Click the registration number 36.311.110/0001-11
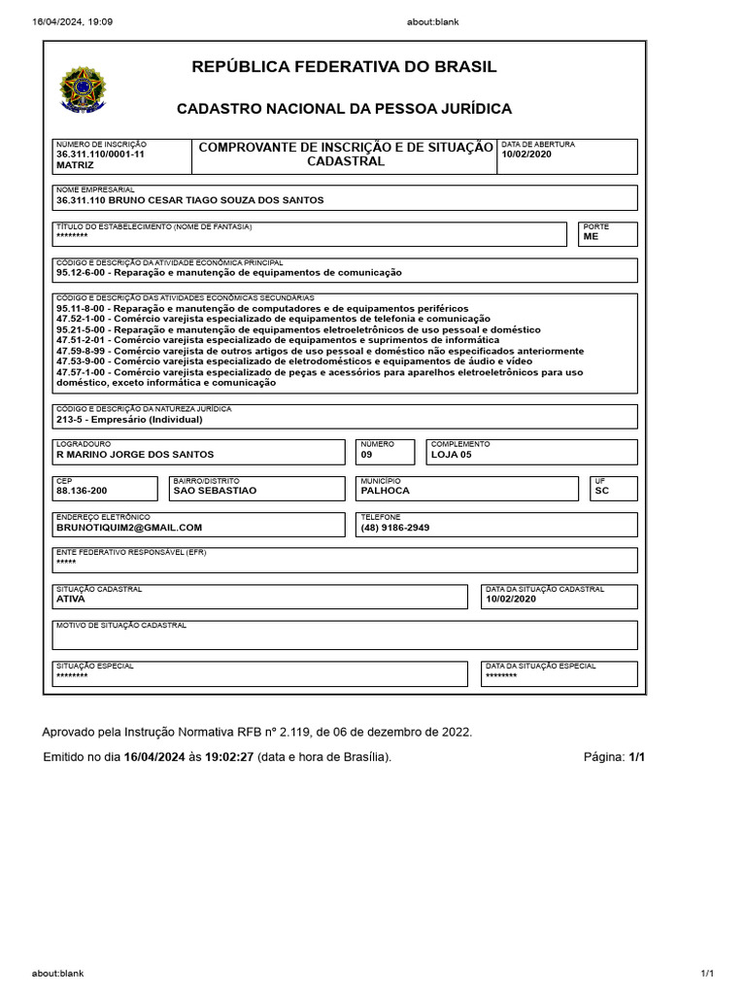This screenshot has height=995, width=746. pos(100,154)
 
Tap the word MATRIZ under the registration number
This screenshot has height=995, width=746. pos(75,165)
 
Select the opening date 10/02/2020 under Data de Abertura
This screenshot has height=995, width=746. pos(526,154)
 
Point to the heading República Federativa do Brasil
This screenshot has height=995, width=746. pos(344,67)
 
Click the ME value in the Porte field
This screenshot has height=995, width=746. pos(591,236)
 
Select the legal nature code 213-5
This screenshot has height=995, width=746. pos(71,420)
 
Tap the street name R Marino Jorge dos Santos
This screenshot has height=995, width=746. pos(135,454)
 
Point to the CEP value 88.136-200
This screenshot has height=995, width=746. pos(82,491)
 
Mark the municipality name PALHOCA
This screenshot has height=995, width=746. pos(385,491)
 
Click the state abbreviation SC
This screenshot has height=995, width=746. pos(601,491)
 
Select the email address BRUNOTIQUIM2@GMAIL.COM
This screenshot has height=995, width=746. pos(129,528)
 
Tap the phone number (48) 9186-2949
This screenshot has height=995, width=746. pos(394,528)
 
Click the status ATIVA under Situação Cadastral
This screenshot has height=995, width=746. pos(71,600)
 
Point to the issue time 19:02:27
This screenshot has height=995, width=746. pos(228,757)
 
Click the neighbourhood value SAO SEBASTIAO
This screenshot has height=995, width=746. pos(215,491)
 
